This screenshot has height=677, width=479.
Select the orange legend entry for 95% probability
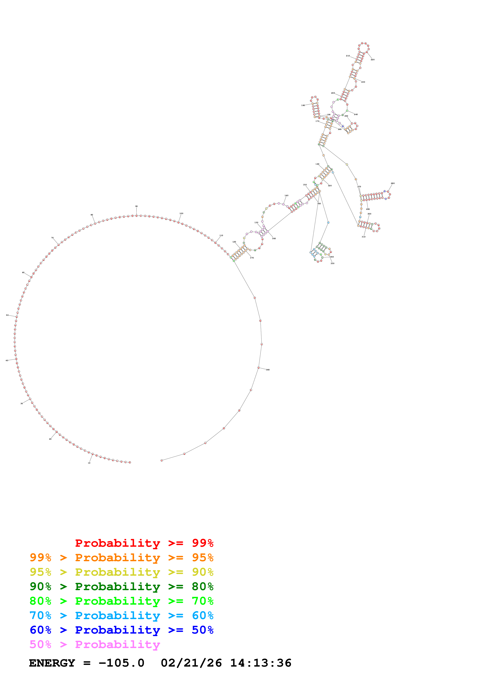121,558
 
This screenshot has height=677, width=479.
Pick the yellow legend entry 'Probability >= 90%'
121,572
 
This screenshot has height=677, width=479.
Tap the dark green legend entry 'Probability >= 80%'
121,586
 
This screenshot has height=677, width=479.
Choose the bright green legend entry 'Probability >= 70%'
121,601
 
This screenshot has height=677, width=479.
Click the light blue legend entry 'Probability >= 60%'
121,615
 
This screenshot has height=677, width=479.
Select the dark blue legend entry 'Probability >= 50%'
121,630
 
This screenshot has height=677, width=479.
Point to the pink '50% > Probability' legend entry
95,644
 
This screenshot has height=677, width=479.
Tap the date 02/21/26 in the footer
191,663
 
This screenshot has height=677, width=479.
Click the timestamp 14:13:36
261,663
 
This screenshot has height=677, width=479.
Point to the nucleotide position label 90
136,206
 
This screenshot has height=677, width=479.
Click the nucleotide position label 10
89,463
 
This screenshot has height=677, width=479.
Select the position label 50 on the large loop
7,315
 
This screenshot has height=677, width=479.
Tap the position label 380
268,370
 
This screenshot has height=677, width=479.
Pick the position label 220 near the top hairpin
373,60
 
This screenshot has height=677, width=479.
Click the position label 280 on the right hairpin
392,183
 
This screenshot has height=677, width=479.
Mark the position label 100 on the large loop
181,213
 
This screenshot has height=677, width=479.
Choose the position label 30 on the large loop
22,403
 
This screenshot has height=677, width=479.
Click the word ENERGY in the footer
52,663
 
